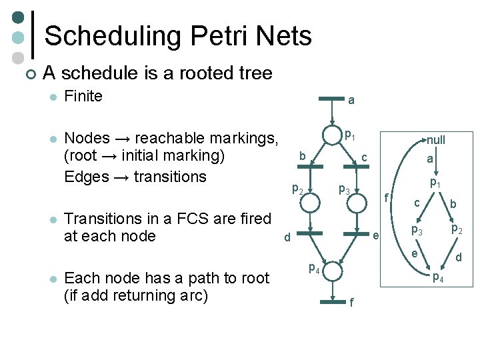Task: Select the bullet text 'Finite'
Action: (x=83, y=96)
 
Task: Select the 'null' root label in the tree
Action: (x=436, y=140)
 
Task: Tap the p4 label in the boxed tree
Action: (x=438, y=278)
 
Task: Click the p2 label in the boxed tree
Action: (x=457, y=229)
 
